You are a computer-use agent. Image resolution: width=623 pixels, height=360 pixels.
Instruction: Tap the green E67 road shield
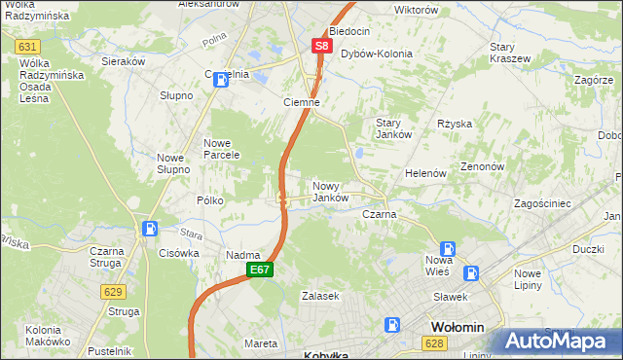(x=258, y=270)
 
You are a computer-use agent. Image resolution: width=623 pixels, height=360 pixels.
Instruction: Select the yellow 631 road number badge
(x=27, y=47)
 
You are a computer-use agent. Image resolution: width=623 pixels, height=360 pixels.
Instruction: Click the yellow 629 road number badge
(x=114, y=291)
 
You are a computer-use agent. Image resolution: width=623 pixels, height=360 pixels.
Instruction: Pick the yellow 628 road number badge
(x=435, y=343)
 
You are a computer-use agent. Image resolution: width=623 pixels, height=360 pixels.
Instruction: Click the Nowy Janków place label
(x=330, y=192)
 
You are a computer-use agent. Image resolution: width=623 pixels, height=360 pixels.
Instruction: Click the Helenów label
(x=425, y=173)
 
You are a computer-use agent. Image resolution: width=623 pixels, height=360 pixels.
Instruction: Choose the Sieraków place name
(x=124, y=60)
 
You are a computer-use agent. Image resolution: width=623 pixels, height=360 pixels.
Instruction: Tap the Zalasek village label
(x=320, y=296)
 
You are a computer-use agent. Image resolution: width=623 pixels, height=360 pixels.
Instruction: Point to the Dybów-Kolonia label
(x=377, y=54)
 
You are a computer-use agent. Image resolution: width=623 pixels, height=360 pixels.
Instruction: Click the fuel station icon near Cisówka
(x=150, y=230)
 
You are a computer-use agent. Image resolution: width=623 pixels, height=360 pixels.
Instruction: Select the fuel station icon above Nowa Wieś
(x=447, y=248)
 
